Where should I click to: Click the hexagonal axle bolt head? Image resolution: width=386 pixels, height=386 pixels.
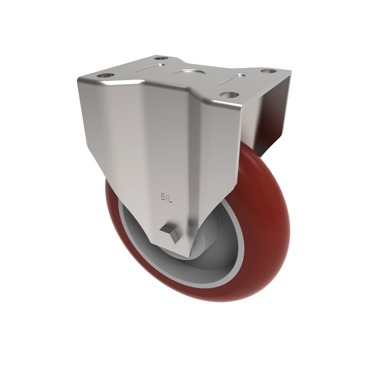tap(171, 233)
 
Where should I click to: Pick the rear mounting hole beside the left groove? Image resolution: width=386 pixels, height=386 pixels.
tap(161, 58)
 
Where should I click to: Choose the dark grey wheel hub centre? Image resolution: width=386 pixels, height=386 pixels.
tap(212, 241)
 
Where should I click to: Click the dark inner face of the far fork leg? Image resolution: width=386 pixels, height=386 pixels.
tap(270, 116)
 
